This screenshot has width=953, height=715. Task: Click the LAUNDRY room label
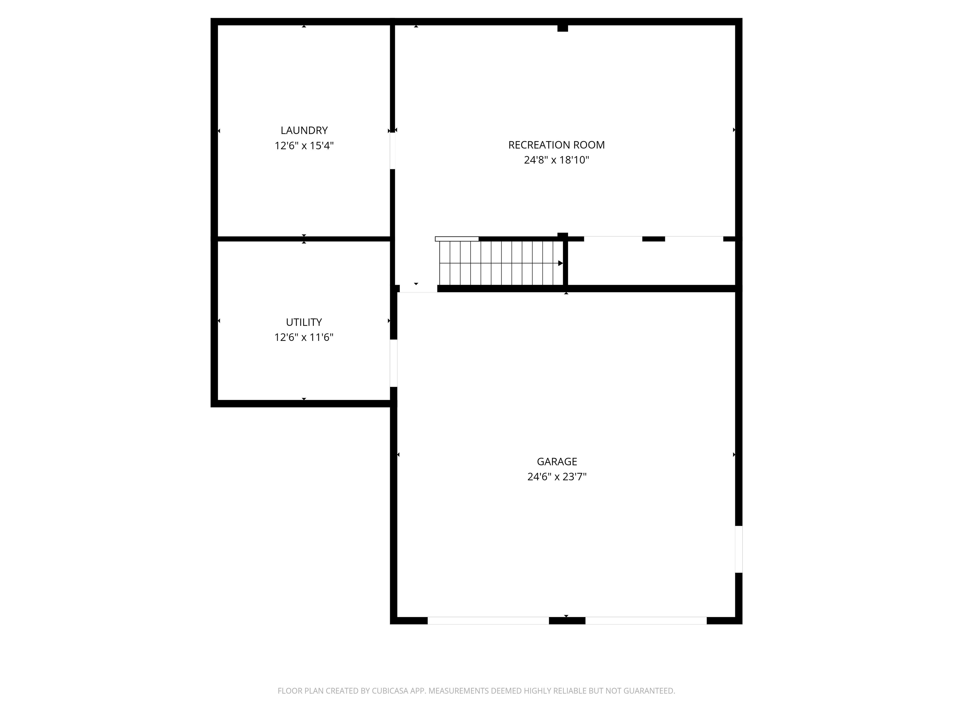point(304,130)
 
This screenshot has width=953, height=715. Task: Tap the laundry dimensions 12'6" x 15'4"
point(304,146)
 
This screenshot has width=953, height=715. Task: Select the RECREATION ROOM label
point(556,145)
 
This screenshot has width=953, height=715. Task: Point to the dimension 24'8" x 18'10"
point(556,160)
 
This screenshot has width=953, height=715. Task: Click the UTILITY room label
point(304,322)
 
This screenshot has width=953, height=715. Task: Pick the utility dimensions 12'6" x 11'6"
point(304,337)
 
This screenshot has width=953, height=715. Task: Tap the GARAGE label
point(557,461)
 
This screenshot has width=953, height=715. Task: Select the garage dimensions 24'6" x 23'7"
point(557,477)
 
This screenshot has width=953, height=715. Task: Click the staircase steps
point(500,263)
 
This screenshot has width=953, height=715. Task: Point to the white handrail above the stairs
point(457,239)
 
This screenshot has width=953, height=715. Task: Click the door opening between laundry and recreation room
point(392,151)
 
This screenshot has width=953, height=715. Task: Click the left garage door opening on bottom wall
point(488,621)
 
